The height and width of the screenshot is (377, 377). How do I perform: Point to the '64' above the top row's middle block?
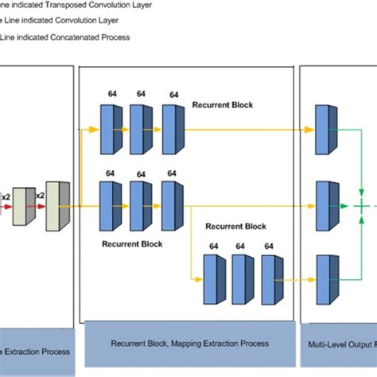coord(141,94)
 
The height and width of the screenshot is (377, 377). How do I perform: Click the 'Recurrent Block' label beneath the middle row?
coord(132,243)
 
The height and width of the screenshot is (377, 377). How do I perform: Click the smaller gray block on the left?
coord(24,207)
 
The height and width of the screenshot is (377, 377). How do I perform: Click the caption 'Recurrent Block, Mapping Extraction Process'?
coord(188,343)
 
